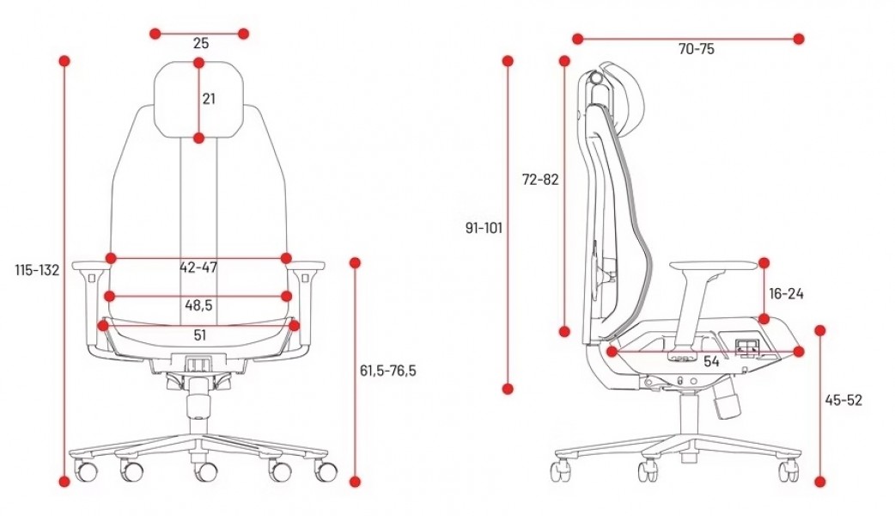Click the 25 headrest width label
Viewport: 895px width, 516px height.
[201, 43]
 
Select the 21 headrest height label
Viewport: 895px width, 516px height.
[209, 99]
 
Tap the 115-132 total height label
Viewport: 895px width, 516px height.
[37, 270]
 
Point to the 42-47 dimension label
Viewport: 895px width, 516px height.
[198, 267]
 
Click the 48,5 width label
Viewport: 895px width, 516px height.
[198, 305]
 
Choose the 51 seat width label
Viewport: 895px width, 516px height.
[200, 335]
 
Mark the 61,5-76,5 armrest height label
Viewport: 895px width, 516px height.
[388, 371]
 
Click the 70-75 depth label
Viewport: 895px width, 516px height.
[697, 49]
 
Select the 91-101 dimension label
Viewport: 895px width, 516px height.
[484, 228]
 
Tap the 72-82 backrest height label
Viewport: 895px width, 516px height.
[540, 180]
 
